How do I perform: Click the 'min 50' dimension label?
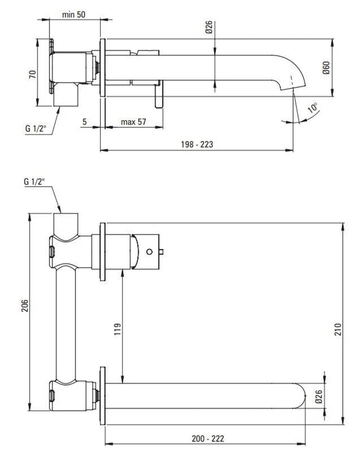pyautogui.click(x=74, y=14)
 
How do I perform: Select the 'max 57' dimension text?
pyautogui.click(x=134, y=122)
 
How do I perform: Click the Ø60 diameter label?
pyautogui.click(x=325, y=68)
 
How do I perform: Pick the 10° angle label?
pyautogui.click(x=312, y=109)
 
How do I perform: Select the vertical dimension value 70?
pyautogui.click(x=33, y=74)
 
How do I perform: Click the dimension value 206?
pyautogui.click(x=24, y=305)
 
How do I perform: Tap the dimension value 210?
pyautogui.click(x=337, y=330)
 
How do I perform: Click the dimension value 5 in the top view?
pyautogui.click(x=85, y=122)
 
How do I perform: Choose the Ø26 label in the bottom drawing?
pyautogui.click(x=318, y=397)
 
